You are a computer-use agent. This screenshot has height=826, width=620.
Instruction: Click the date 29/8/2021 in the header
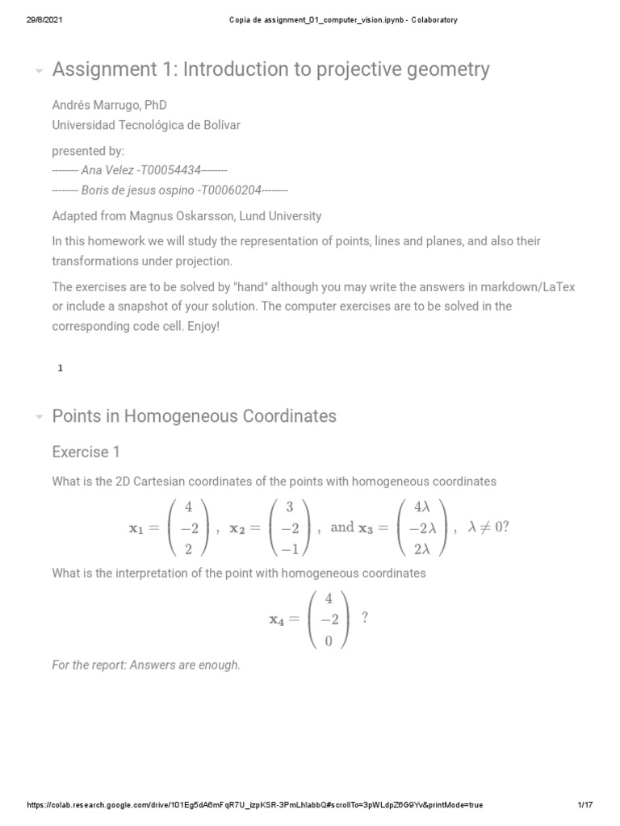click(x=40, y=20)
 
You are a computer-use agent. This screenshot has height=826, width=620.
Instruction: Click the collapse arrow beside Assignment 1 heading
click(x=39, y=71)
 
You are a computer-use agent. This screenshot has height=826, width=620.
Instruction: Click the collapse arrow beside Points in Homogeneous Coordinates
click(x=39, y=417)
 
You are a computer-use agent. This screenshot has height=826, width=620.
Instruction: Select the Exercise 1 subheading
click(x=86, y=452)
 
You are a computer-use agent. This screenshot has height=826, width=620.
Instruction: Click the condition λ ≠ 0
click(x=489, y=528)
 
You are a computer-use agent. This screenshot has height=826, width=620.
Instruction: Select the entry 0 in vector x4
click(x=328, y=640)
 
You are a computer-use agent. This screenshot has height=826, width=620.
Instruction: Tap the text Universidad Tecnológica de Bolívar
click(x=145, y=125)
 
